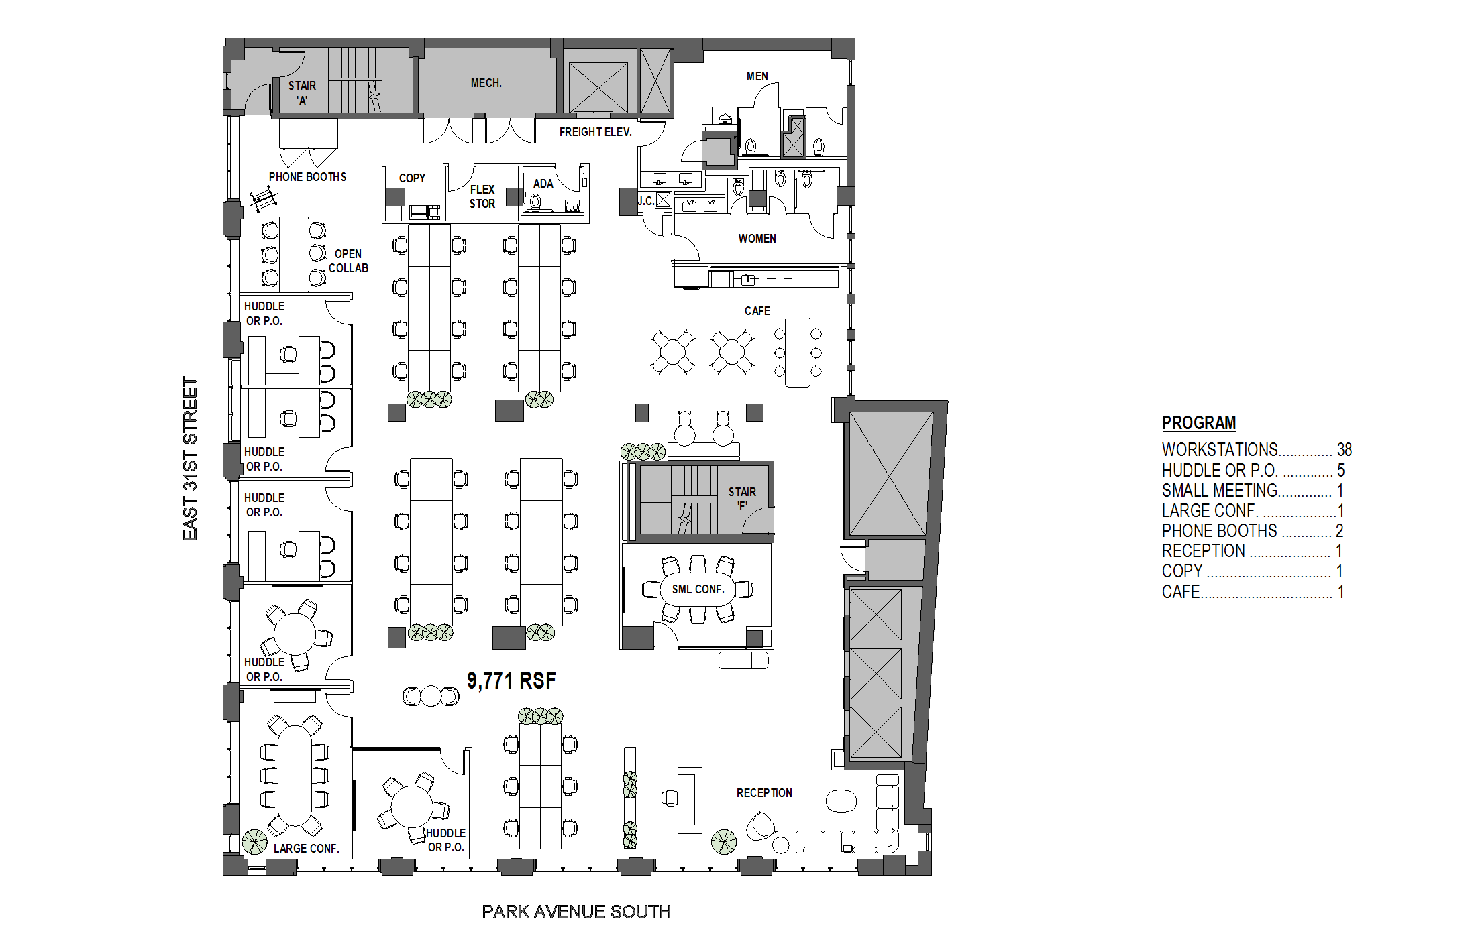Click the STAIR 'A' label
(x=302, y=93)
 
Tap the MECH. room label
(x=486, y=83)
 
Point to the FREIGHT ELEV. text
(x=596, y=132)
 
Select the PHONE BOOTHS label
(x=308, y=177)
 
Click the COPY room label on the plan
(x=412, y=178)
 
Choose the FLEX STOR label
(x=482, y=196)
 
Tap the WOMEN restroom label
(x=757, y=239)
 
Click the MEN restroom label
(x=757, y=76)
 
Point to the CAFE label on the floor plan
(x=757, y=311)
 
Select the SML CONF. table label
(x=698, y=589)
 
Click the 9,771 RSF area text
(x=511, y=680)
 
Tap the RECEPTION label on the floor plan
(x=764, y=793)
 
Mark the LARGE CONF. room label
(x=307, y=849)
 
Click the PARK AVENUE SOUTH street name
(x=576, y=912)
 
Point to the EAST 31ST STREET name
(x=191, y=459)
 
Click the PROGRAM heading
(x=1199, y=423)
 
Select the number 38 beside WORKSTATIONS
(x=1345, y=450)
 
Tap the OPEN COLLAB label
(x=348, y=261)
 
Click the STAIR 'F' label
(x=742, y=499)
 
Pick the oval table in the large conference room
(x=295, y=775)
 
